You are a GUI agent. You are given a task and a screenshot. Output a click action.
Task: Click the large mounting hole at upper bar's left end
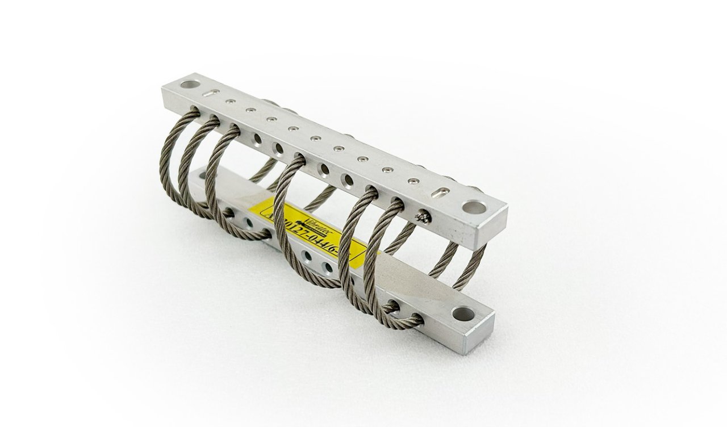(x=187, y=86)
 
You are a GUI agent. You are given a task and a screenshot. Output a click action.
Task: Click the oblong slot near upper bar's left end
(x=209, y=95)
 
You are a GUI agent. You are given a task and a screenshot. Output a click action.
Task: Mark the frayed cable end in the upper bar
(x=423, y=215)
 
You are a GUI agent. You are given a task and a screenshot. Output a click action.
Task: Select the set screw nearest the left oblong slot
(x=231, y=103)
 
